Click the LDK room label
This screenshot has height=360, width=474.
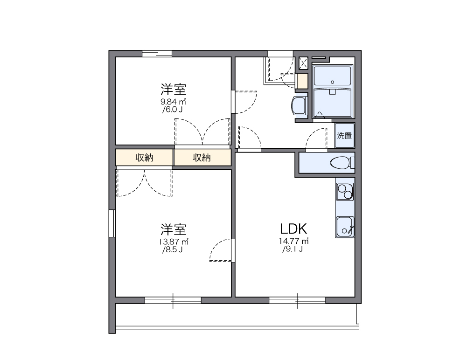pos(293,228)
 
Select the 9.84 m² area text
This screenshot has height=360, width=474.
pos(174,102)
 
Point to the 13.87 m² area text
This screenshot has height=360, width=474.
pos(174,242)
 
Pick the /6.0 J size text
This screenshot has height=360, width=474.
pos(172,110)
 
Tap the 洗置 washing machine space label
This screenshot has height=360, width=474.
pos(345,136)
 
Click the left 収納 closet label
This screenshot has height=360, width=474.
pos(145,158)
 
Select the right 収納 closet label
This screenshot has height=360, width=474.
pos(202,158)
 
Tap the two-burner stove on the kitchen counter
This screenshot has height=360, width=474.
pos(345,191)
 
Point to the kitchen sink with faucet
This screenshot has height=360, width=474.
pos(345,227)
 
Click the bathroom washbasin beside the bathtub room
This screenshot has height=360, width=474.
pos(298,105)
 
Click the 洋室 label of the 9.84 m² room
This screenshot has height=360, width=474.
pos(174,89)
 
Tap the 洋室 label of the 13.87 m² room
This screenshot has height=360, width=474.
pos(174,229)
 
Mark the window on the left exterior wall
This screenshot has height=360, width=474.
pos(112,223)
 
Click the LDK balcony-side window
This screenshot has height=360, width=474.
pos(297,300)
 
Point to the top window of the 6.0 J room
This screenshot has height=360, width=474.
pos(157,54)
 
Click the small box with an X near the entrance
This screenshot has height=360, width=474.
pos(303,63)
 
